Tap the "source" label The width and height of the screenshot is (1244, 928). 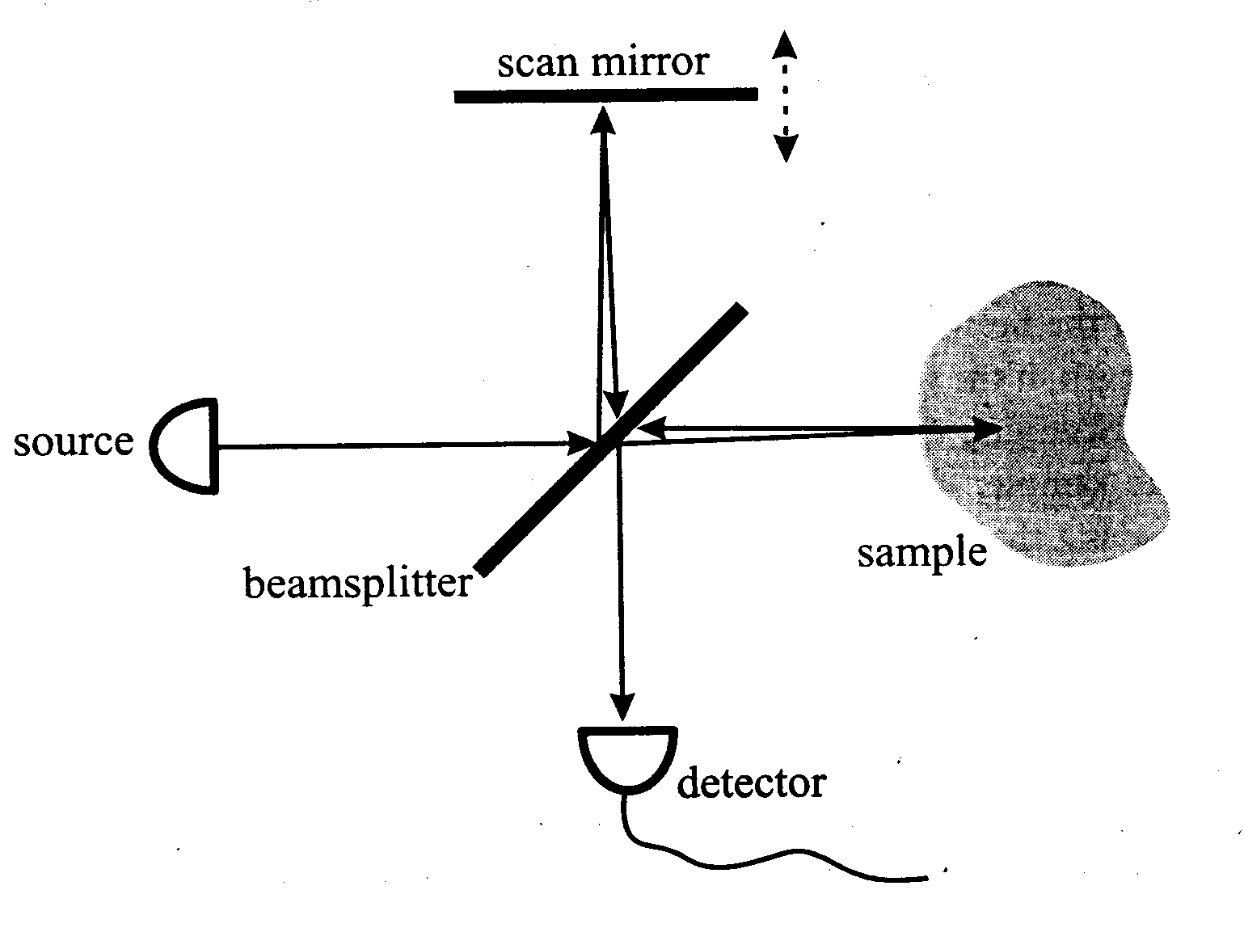coord(73,442)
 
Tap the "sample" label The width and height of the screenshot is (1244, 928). coord(921,553)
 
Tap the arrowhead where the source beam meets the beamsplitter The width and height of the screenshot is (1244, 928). coord(580,443)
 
